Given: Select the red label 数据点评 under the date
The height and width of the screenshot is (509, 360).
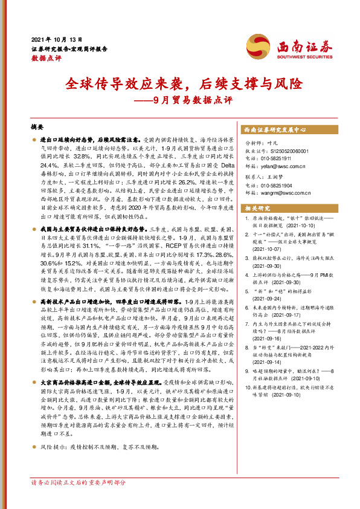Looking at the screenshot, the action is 46,59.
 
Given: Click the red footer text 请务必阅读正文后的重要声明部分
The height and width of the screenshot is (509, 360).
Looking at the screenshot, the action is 79,499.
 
